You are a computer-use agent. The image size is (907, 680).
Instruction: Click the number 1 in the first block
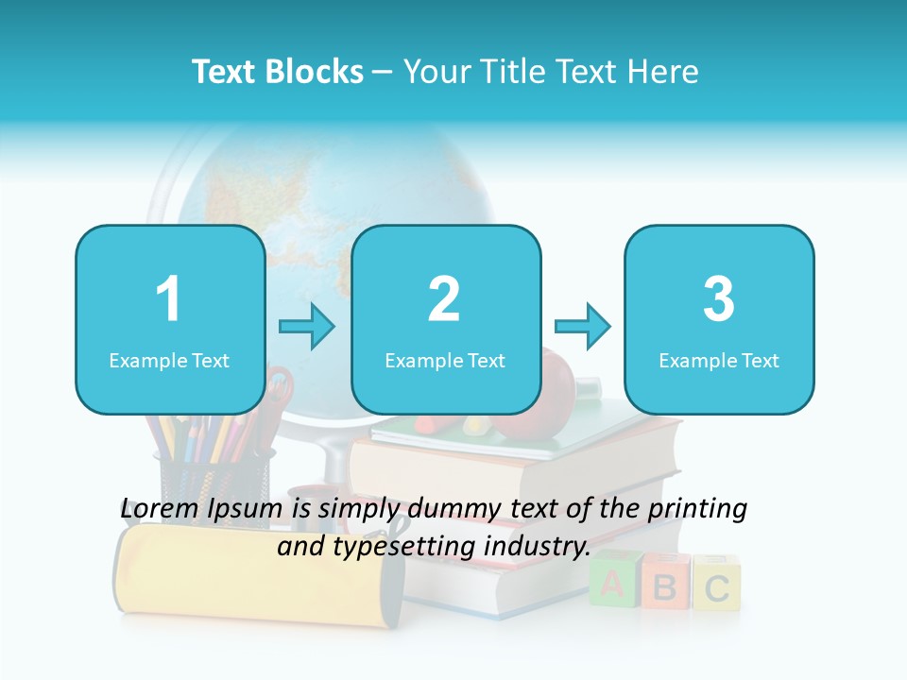pos(168,300)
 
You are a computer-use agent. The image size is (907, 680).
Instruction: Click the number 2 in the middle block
pos(444,300)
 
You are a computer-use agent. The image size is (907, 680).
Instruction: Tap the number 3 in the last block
pos(719,300)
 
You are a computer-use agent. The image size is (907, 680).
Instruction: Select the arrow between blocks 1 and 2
pos(307,327)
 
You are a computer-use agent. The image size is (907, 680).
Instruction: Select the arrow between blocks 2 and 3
pos(583,327)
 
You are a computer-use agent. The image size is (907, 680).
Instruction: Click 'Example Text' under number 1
pos(169,361)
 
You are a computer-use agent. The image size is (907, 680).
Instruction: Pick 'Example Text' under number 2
pos(445,361)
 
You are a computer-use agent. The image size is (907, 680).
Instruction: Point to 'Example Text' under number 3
pos(719,361)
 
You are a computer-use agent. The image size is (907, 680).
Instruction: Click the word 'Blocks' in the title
pos(317,72)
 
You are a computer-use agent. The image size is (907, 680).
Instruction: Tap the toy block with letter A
pos(612,584)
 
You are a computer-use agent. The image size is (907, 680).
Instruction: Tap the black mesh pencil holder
pos(213,472)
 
